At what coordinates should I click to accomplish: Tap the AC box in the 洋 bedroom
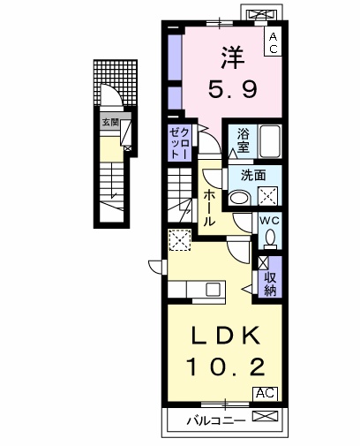point(274,42)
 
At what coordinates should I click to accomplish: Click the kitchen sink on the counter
point(213,289)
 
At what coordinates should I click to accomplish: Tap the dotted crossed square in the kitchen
point(179,238)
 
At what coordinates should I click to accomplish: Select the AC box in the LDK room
point(265,393)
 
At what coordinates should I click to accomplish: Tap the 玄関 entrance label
point(110,123)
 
